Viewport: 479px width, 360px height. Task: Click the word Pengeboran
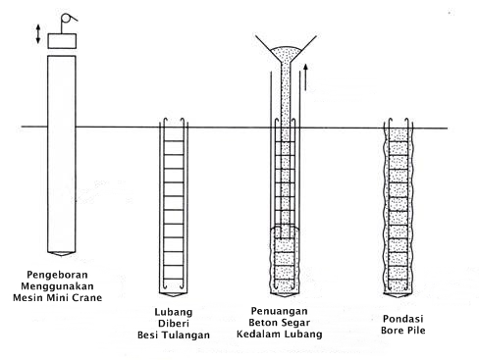[57, 275]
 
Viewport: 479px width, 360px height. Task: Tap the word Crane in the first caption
[87, 297]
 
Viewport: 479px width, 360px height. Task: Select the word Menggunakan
[57, 286]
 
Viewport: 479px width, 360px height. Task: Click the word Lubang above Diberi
[174, 312]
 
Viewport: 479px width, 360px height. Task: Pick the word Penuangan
[280, 311]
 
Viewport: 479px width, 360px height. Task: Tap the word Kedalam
[258, 334]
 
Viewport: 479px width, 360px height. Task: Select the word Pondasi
[403, 319]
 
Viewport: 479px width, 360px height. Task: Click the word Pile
[417, 331]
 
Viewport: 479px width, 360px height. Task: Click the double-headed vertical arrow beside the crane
[38, 34]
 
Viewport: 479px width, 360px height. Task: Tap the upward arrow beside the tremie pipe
[305, 77]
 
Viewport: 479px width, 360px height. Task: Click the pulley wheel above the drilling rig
[66, 19]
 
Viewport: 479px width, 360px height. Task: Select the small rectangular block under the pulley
[62, 41]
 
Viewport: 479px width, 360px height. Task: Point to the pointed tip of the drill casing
[62, 254]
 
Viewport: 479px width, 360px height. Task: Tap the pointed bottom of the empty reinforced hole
[174, 295]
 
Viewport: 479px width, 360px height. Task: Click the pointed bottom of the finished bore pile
[398, 295]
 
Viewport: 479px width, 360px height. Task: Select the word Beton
[263, 323]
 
